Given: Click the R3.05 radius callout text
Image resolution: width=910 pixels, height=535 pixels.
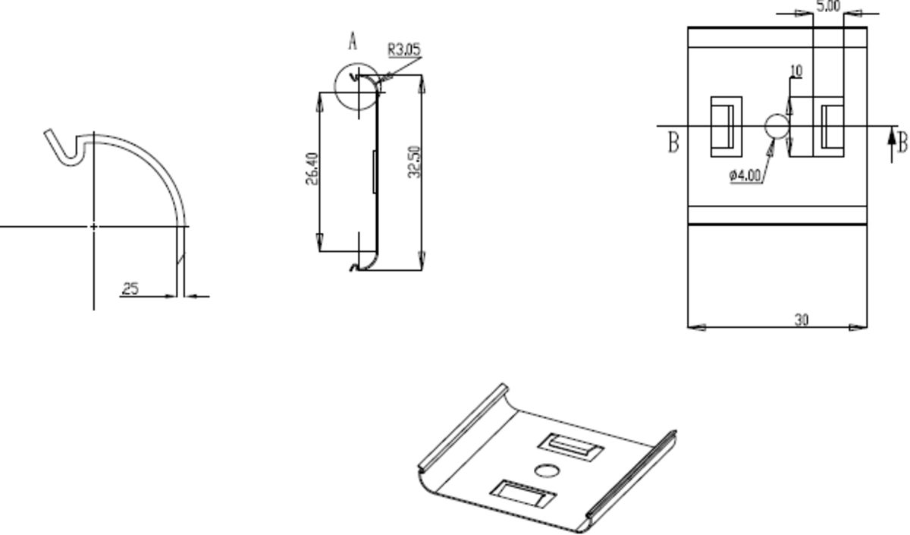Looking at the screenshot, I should coord(403,50).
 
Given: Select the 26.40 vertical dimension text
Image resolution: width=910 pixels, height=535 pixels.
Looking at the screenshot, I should coord(312,172).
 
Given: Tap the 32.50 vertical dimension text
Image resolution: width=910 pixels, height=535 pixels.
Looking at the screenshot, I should coord(413,162).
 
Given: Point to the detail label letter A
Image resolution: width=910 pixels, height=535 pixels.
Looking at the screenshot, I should coord(353,42).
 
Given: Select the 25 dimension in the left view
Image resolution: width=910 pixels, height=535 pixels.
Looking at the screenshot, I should coord(130,288).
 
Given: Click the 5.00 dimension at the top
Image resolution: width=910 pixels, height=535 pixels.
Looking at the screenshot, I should coord(827,7).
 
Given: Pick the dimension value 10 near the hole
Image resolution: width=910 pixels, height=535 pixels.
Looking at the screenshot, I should coord(795,71).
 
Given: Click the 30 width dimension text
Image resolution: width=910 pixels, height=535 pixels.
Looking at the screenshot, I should coord(801,320).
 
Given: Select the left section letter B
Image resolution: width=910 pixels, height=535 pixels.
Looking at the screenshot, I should coord(673,142).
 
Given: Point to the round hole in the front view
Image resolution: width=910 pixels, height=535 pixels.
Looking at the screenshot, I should coord(776,127).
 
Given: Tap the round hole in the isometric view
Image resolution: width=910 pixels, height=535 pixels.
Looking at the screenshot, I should coord(547,470).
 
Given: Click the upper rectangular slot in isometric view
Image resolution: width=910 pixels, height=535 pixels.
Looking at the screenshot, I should coord(570,445).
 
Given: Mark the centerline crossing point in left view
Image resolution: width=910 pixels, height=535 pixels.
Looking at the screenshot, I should coord(93,226).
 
